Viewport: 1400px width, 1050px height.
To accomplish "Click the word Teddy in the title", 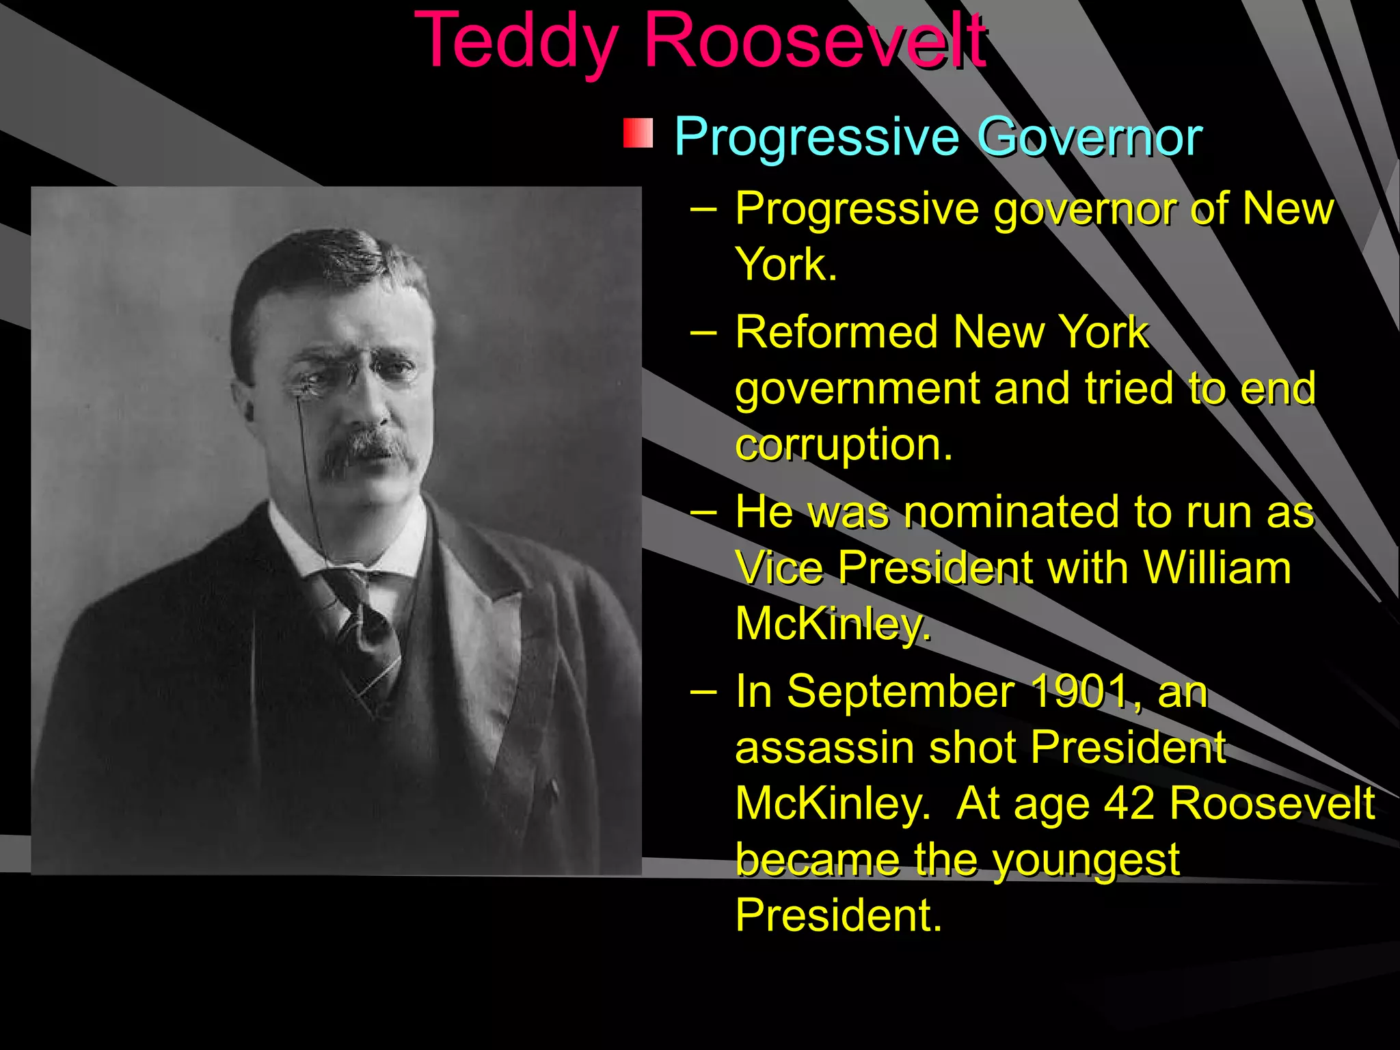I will pyautogui.click(x=517, y=42).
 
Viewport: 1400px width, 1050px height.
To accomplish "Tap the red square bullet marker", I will pyautogui.click(x=638, y=133).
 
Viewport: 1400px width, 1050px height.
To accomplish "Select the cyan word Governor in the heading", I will pyautogui.click(x=1090, y=137).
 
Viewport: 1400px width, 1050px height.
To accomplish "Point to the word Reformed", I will pyautogui.click(x=837, y=333).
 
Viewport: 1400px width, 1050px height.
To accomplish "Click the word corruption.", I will pyautogui.click(x=844, y=445).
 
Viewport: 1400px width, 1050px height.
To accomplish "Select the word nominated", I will pyautogui.click(x=1013, y=512).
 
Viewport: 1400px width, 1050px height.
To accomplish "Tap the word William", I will pyautogui.click(x=1217, y=568).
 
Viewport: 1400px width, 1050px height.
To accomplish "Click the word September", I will pyautogui.click(x=901, y=692).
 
